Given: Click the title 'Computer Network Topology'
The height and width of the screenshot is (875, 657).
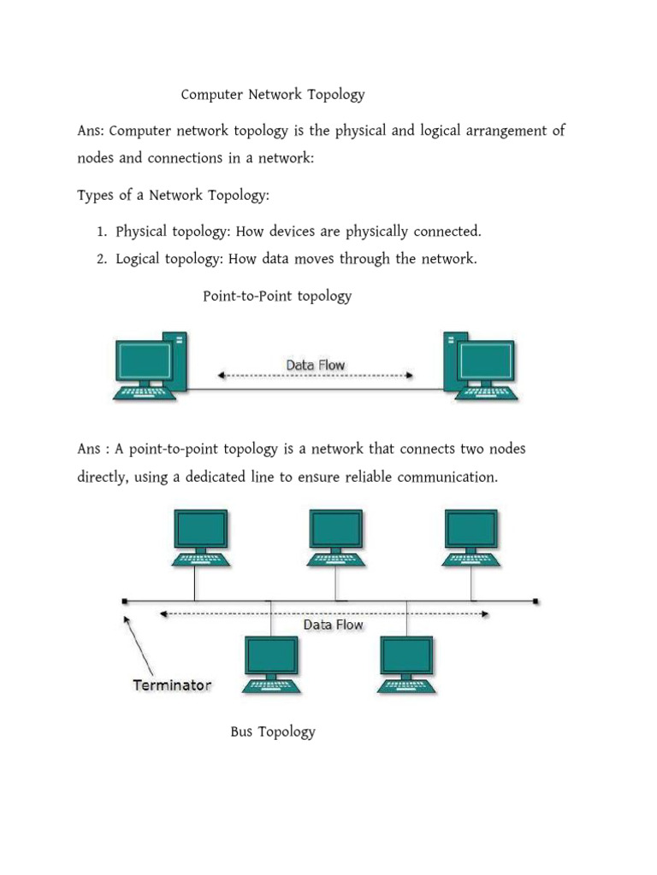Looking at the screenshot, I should click(x=272, y=95).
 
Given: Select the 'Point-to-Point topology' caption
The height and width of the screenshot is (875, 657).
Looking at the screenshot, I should click(x=276, y=297).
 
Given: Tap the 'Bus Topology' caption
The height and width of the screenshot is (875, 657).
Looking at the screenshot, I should click(x=272, y=732).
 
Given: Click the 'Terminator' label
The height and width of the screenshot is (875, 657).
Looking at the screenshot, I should click(x=171, y=685).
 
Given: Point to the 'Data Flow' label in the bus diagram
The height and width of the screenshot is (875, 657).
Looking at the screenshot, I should click(x=333, y=625).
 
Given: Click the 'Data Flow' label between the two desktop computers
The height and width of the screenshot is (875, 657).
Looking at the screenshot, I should click(x=315, y=365).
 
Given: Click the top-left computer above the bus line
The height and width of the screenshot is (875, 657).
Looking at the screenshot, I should click(x=201, y=537).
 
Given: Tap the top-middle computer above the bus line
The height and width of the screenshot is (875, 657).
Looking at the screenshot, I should click(x=336, y=537).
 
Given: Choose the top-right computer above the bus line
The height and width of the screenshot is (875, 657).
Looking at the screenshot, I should click(x=471, y=537).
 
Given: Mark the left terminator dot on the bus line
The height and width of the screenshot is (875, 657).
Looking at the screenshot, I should click(x=125, y=602).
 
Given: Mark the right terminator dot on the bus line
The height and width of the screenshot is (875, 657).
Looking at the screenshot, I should click(x=536, y=602).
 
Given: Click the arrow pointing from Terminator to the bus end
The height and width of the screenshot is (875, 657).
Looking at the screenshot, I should click(x=139, y=645).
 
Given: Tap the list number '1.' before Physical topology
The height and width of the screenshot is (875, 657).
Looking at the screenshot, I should click(x=101, y=232).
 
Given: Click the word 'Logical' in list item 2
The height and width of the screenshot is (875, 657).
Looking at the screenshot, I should click(x=139, y=260).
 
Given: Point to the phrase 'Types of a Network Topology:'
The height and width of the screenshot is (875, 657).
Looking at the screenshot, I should click(x=173, y=196).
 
